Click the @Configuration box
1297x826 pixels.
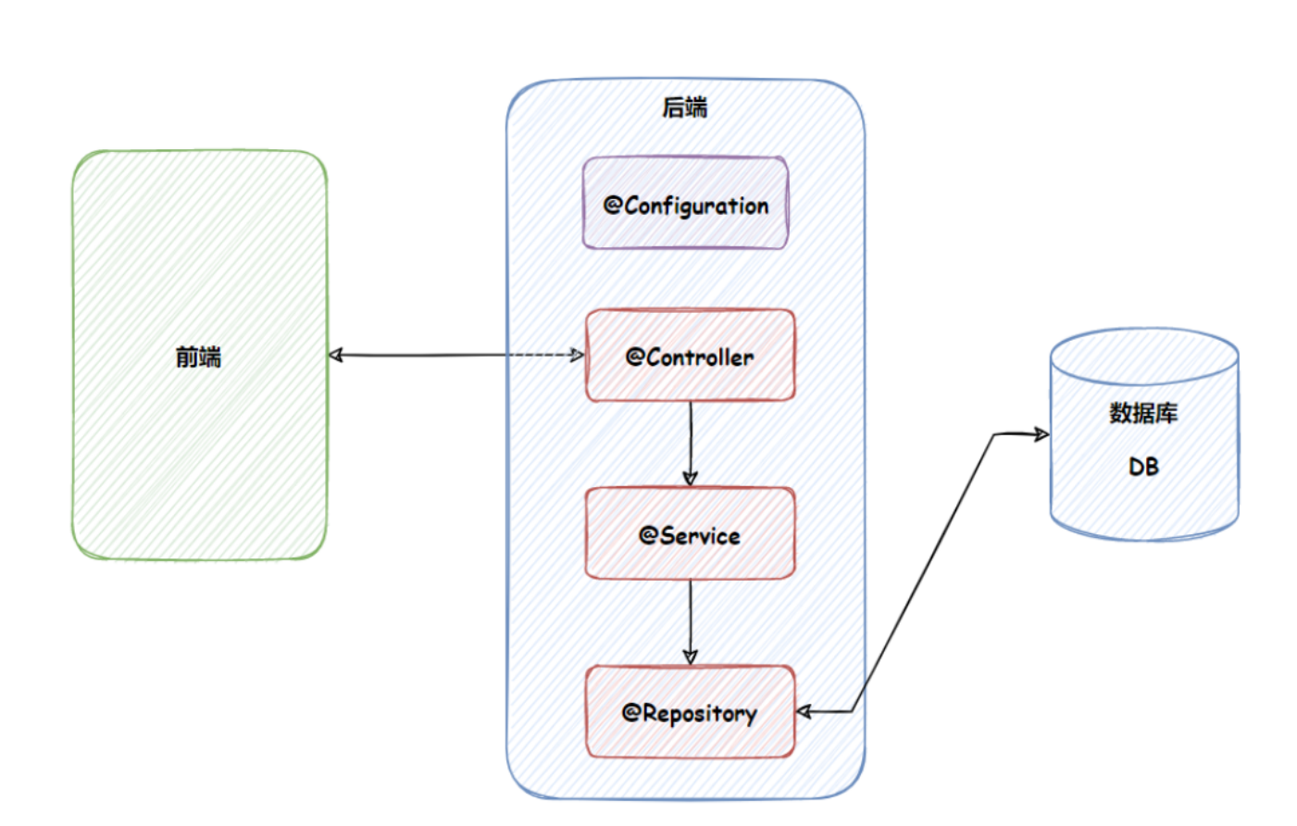(x=686, y=203)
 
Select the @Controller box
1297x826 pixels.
(x=691, y=356)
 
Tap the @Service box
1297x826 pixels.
(x=691, y=533)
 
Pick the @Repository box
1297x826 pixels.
(x=691, y=711)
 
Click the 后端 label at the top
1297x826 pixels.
(x=685, y=107)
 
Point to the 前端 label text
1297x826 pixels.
(x=199, y=357)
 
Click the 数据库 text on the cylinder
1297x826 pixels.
(x=1143, y=413)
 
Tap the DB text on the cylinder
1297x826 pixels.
(x=1143, y=467)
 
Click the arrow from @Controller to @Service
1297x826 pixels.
(x=691, y=444)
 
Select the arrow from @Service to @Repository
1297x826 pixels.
(x=691, y=622)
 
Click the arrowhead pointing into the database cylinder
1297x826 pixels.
(x=1041, y=434)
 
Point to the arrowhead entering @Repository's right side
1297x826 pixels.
(x=804, y=711)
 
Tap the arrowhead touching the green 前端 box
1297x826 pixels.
(x=336, y=355)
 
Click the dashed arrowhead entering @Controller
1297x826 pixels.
(x=578, y=355)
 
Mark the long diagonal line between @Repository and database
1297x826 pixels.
(x=922, y=573)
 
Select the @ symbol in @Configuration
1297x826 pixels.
(x=613, y=205)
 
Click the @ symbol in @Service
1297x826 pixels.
(x=648, y=535)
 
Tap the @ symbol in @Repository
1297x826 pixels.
(x=631, y=712)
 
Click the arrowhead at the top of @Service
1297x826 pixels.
(x=691, y=479)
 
